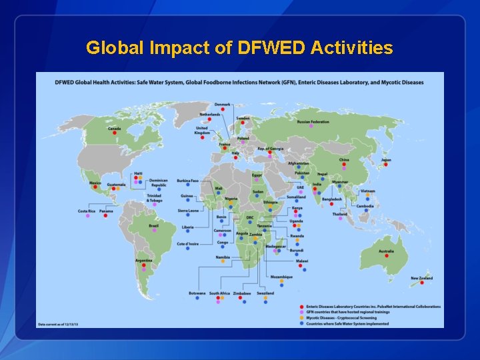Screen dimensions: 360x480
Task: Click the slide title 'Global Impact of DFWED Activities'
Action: click(x=239, y=48)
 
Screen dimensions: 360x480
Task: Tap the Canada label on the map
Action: click(x=114, y=128)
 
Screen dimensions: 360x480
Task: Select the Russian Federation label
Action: click(x=313, y=122)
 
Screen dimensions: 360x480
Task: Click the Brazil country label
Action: click(x=153, y=225)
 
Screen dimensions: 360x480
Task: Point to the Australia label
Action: click(x=386, y=251)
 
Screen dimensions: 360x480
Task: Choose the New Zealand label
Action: click(x=421, y=278)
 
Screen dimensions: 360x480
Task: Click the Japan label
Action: click(x=386, y=160)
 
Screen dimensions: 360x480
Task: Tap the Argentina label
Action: click(x=143, y=260)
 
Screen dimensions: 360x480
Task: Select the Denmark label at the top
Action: click(x=223, y=105)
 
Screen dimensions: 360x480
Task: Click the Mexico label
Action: click(x=95, y=183)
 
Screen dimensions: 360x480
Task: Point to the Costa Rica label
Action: click(x=87, y=211)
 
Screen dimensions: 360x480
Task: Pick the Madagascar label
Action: click(x=275, y=246)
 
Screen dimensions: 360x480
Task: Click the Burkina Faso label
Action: click(x=188, y=181)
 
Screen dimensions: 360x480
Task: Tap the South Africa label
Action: click(x=219, y=293)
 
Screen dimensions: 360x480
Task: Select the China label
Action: click(x=344, y=160)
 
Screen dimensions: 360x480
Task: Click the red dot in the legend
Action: click(x=301, y=307)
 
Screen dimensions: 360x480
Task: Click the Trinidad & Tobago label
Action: click(x=154, y=198)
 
